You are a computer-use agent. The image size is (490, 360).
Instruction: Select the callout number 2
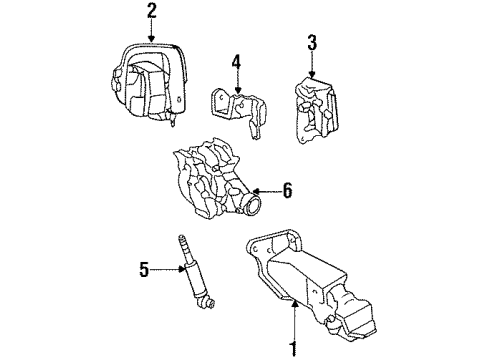click(151, 11)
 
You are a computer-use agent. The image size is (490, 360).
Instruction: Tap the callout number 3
click(311, 43)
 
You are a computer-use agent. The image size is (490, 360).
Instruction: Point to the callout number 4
click(236, 62)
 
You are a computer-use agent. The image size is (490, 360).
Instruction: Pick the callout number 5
click(144, 268)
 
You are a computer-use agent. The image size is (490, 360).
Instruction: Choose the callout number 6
click(287, 189)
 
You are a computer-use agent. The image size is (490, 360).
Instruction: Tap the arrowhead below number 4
click(236, 93)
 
